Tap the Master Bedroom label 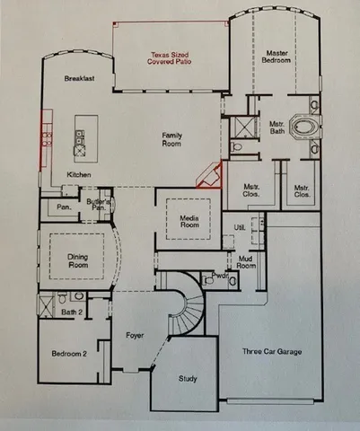click(x=276, y=58)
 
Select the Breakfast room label click(x=80, y=79)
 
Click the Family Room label click(x=171, y=138)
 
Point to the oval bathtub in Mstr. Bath click(x=312, y=126)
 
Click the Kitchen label click(x=79, y=175)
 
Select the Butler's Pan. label click(x=100, y=204)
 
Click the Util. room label click(x=240, y=228)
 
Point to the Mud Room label click(x=246, y=261)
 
